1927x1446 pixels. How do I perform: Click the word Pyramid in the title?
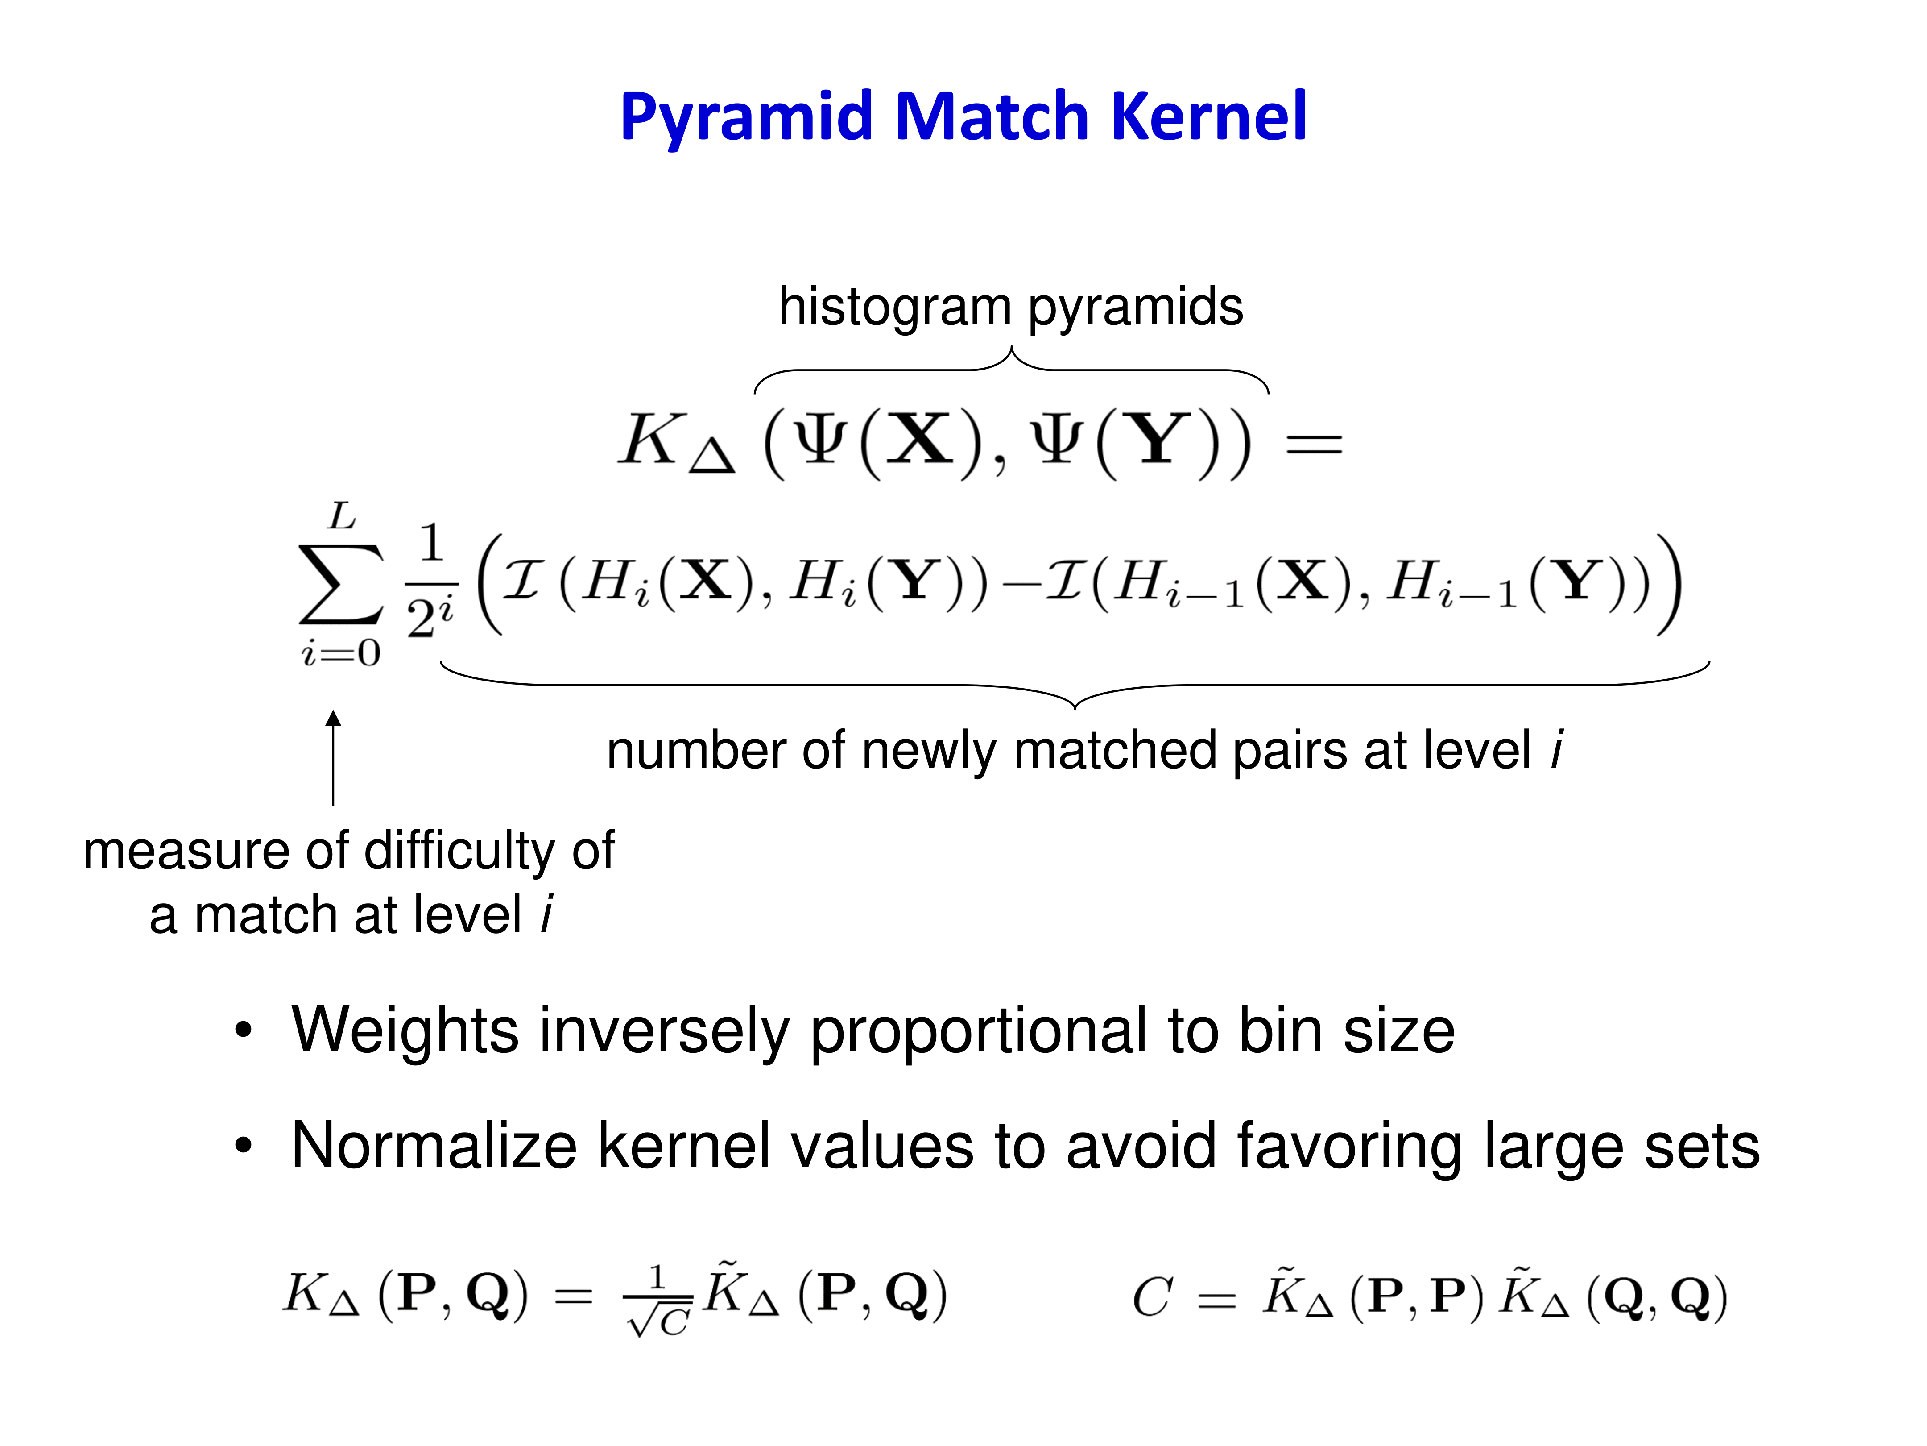[x=747, y=118]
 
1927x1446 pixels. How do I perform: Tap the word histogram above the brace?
[x=895, y=307]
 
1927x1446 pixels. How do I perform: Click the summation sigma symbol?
[x=341, y=584]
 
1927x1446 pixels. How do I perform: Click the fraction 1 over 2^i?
[x=430, y=582]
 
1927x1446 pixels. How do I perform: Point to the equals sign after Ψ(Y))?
[x=1314, y=445]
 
